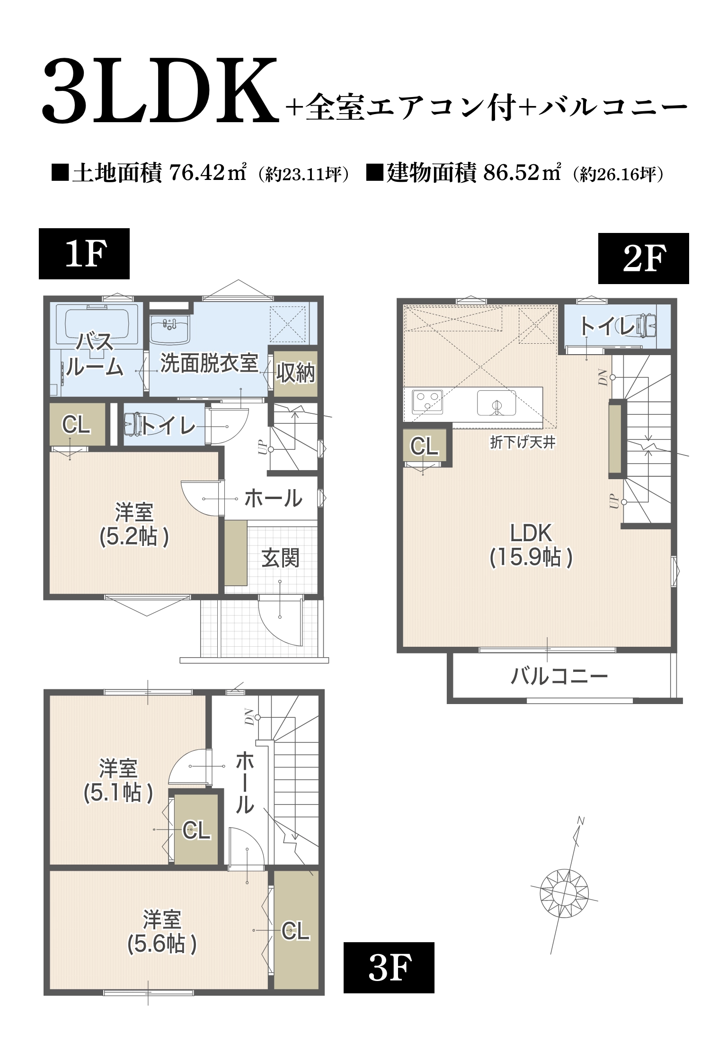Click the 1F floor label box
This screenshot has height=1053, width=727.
[x=84, y=254]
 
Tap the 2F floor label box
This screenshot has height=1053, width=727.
[x=643, y=259]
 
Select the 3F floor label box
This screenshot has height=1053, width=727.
[x=389, y=968]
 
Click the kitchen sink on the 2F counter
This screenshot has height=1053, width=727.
[x=496, y=403]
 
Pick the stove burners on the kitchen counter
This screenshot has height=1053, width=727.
[x=427, y=402]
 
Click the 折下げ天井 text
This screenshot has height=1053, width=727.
[x=523, y=443]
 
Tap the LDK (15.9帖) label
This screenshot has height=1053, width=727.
[x=531, y=545]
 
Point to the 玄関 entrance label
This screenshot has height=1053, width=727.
[x=280, y=559]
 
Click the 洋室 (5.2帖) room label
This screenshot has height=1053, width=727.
[x=134, y=525]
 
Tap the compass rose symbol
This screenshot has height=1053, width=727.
[x=564, y=893]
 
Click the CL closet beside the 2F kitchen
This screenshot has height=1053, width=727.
[x=424, y=446]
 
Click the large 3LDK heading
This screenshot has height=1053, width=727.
[x=160, y=91]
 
